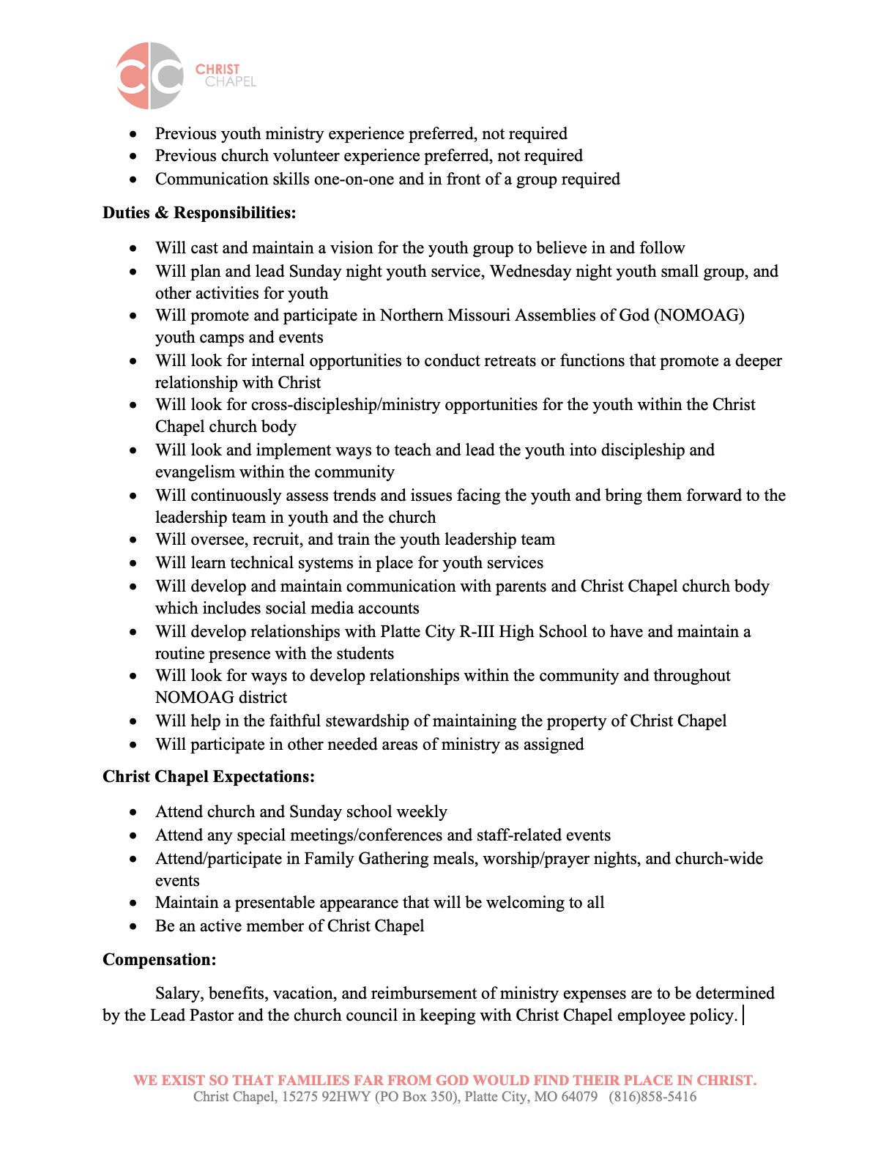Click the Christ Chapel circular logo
pyautogui.click(x=150, y=75)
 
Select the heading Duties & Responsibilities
pyautogui.click(x=199, y=213)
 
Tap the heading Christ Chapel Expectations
pyautogui.click(x=209, y=777)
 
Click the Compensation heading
pyautogui.click(x=159, y=960)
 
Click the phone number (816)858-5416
pyautogui.click(x=652, y=1097)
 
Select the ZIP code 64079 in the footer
pyautogui.click(x=579, y=1097)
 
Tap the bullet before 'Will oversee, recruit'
pyautogui.click(x=133, y=540)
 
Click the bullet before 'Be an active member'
pyautogui.click(x=133, y=927)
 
